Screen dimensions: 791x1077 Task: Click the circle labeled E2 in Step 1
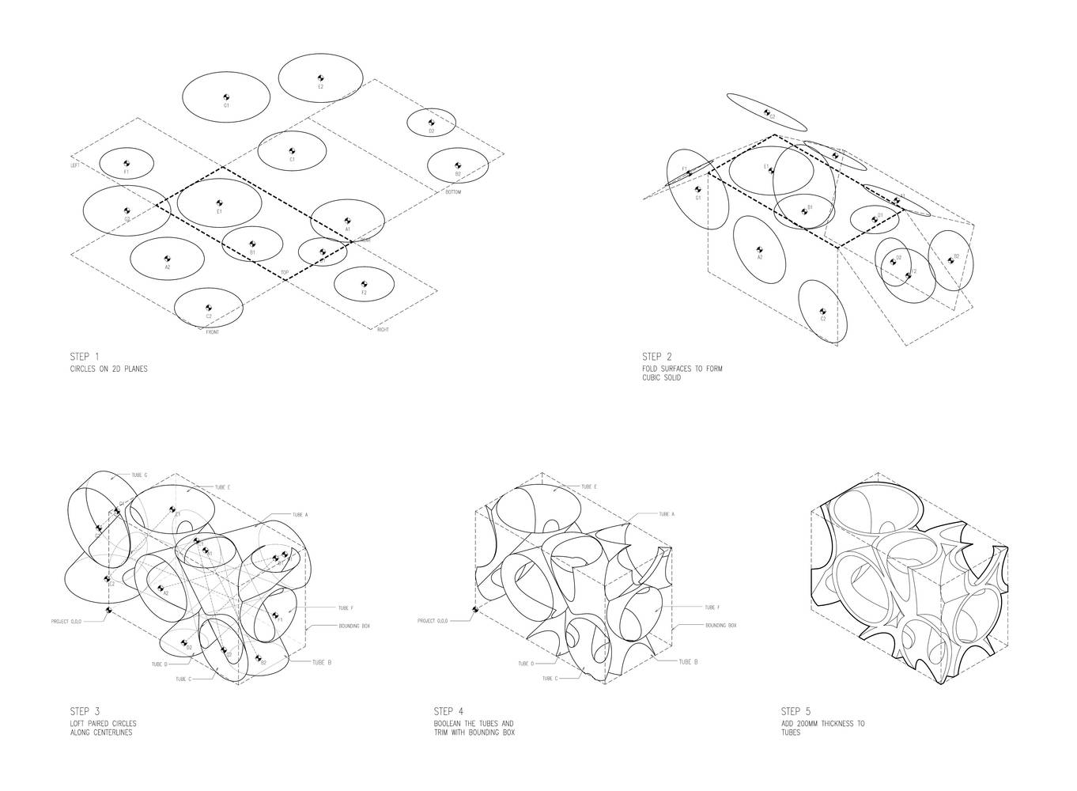click(x=320, y=78)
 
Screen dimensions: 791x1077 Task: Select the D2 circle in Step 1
click(x=431, y=123)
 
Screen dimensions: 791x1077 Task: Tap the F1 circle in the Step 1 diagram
click(x=127, y=164)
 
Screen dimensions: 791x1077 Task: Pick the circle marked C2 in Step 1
click(x=209, y=308)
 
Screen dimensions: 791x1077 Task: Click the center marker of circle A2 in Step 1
click(x=168, y=259)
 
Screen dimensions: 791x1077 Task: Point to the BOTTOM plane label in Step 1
click(x=453, y=192)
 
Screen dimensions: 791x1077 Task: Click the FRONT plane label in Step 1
click(x=211, y=332)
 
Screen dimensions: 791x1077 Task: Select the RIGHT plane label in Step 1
click(x=383, y=329)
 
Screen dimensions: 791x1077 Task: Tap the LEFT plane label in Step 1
click(x=76, y=165)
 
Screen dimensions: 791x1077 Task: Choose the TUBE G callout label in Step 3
click(x=140, y=475)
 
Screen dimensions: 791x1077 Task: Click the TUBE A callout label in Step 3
click(x=300, y=515)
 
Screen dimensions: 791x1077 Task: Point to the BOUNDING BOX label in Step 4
click(x=720, y=626)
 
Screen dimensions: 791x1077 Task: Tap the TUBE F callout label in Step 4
click(x=712, y=607)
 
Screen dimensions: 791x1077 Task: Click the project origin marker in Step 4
click(x=474, y=609)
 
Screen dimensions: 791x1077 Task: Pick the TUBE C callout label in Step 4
click(x=550, y=679)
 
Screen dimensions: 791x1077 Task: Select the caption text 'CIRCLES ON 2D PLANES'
click(x=108, y=369)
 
